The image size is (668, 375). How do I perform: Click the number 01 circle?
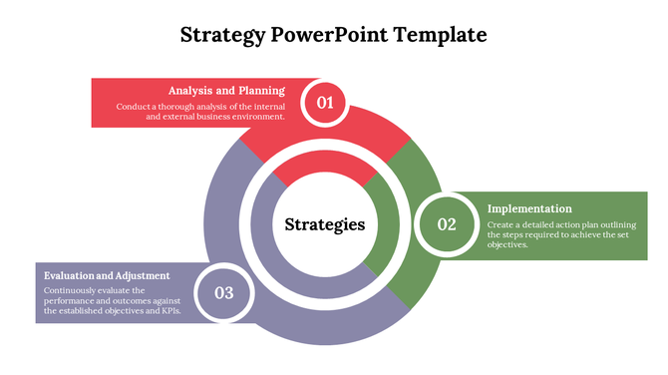click(325, 102)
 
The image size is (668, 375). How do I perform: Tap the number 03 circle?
click(223, 292)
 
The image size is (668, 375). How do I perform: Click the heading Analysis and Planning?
click(226, 90)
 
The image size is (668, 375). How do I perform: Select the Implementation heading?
click(529, 208)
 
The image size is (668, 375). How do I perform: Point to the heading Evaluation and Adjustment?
click(107, 275)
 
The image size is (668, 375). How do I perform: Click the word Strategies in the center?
click(325, 224)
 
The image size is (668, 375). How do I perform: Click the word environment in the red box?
click(256, 117)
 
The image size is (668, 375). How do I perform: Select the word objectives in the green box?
click(507, 244)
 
